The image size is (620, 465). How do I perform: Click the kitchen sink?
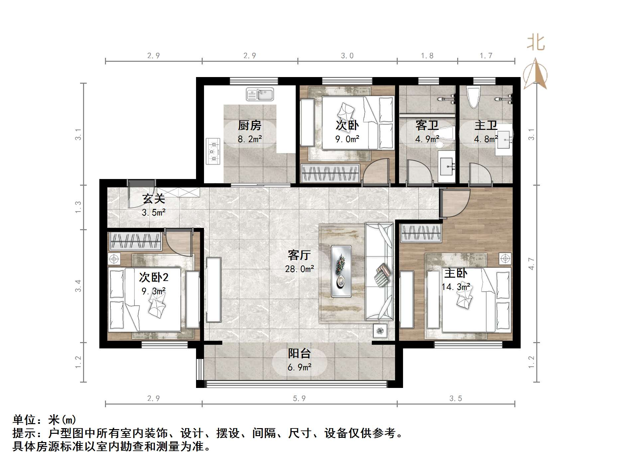(x=259, y=94)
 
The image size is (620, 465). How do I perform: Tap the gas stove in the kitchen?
(x=213, y=151)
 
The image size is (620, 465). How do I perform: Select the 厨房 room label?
(x=250, y=126)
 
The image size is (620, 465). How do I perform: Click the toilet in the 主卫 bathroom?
(x=473, y=97)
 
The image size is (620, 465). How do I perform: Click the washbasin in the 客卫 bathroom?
(x=447, y=166)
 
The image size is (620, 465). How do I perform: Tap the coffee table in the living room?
(x=341, y=271)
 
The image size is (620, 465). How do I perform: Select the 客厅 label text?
(x=299, y=255)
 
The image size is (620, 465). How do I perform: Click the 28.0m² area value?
(x=299, y=269)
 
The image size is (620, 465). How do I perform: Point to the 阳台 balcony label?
(x=299, y=354)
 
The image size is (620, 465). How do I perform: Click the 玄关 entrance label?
(x=154, y=199)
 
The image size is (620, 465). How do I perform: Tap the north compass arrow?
(x=535, y=73)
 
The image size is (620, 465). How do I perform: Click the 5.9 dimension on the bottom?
(x=299, y=398)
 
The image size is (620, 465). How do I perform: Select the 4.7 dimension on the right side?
(x=531, y=263)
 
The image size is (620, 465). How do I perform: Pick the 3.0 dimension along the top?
(x=347, y=55)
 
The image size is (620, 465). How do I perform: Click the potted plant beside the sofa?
(x=380, y=331)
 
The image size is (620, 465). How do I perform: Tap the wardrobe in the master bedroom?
(x=421, y=233)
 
